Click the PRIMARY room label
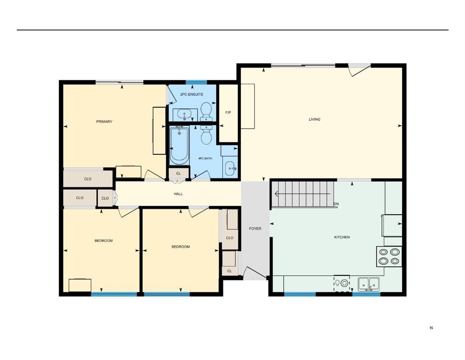[x=104, y=122]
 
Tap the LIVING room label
[x=314, y=120]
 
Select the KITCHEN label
[x=341, y=237]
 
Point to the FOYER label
[x=255, y=229]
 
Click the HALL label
[x=178, y=194]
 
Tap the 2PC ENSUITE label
[x=192, y=95]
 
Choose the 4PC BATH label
[x=205, y=158]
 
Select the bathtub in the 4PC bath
[x=179, y=145]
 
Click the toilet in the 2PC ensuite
[x=206, y=111]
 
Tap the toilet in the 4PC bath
[x=207, y=135]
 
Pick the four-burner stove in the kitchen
[x=389, y=256]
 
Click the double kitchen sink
[x=369, y=284]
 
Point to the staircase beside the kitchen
[x=303, y=194]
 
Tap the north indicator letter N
[x=431, y=328]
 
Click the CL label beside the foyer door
[x=229, y=271]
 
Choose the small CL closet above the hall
[x=178, y=173]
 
